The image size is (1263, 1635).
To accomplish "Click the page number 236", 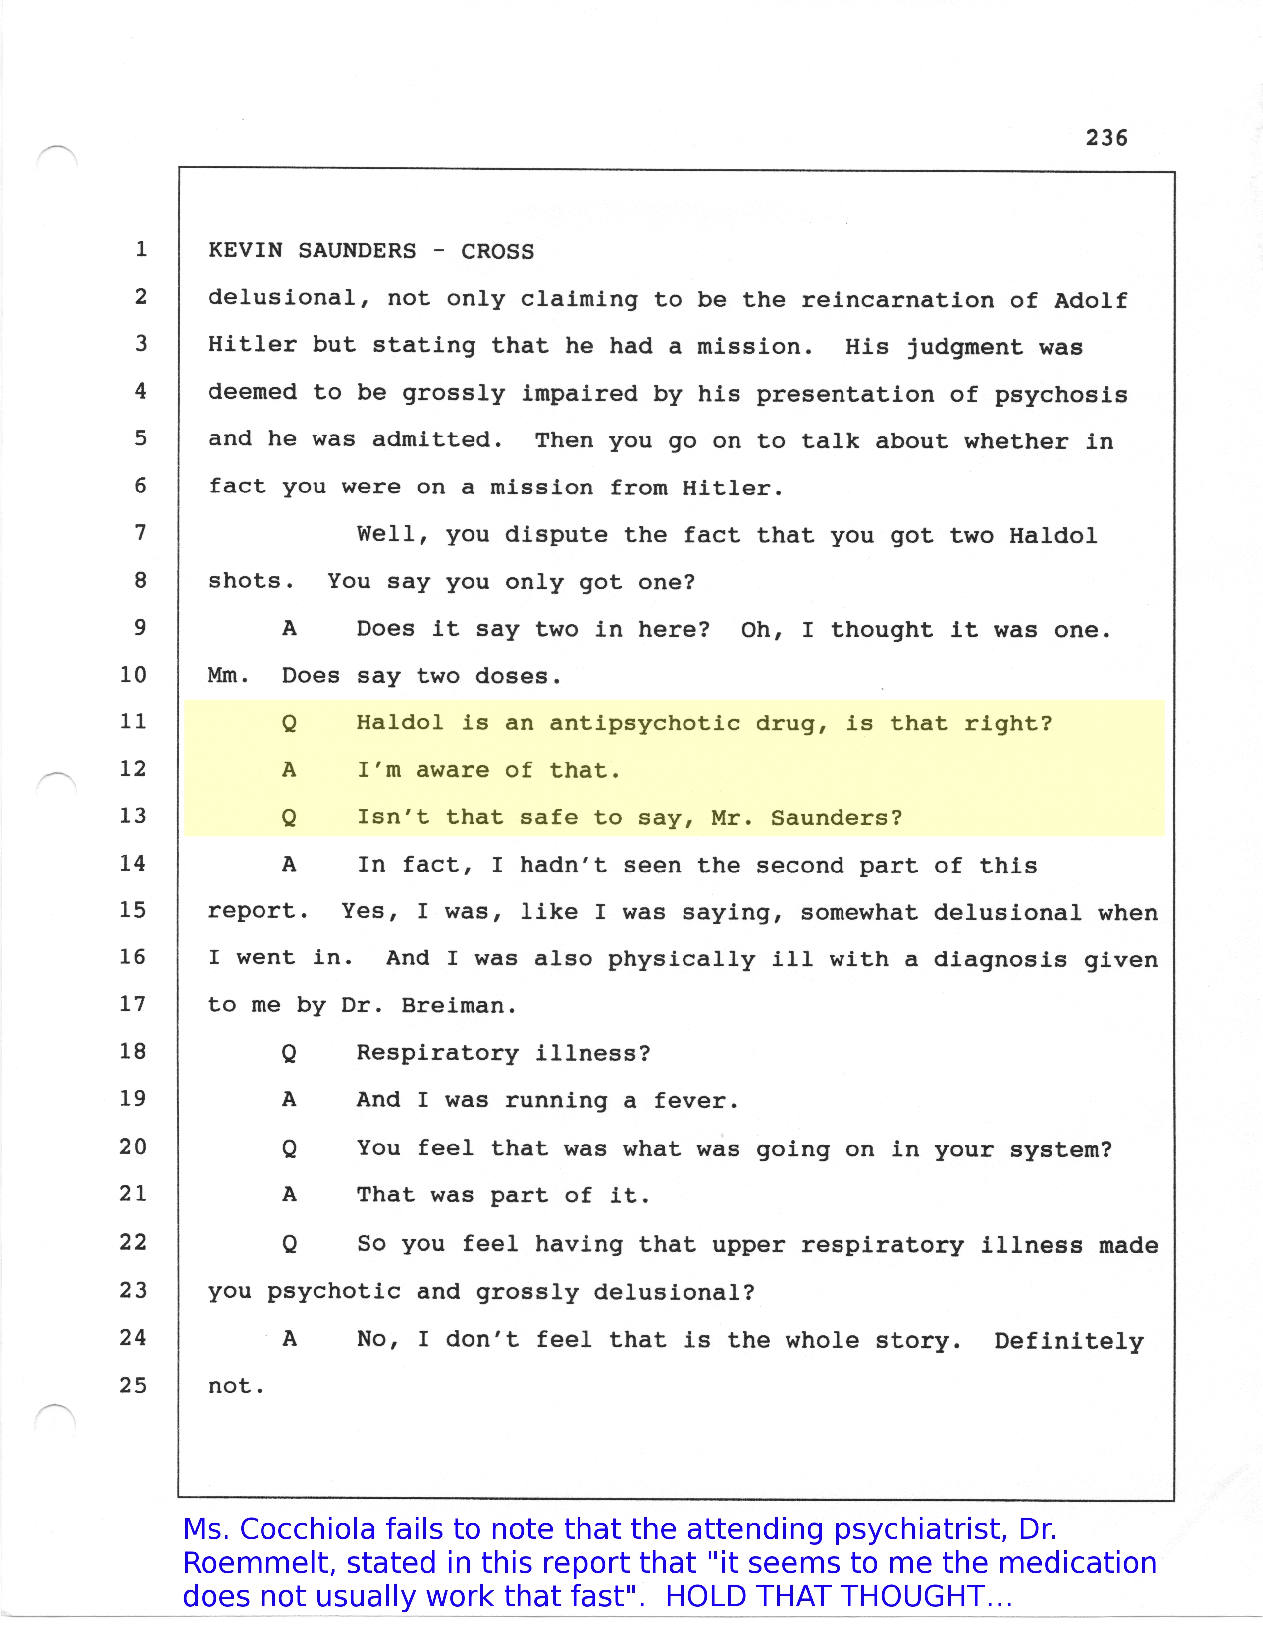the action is click(1106, 138).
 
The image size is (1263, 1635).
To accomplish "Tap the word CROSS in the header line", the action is click(498, 252).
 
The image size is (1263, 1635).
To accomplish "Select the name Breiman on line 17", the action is click(458, 1005).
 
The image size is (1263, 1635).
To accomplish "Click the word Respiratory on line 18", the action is click(438, 1053).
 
